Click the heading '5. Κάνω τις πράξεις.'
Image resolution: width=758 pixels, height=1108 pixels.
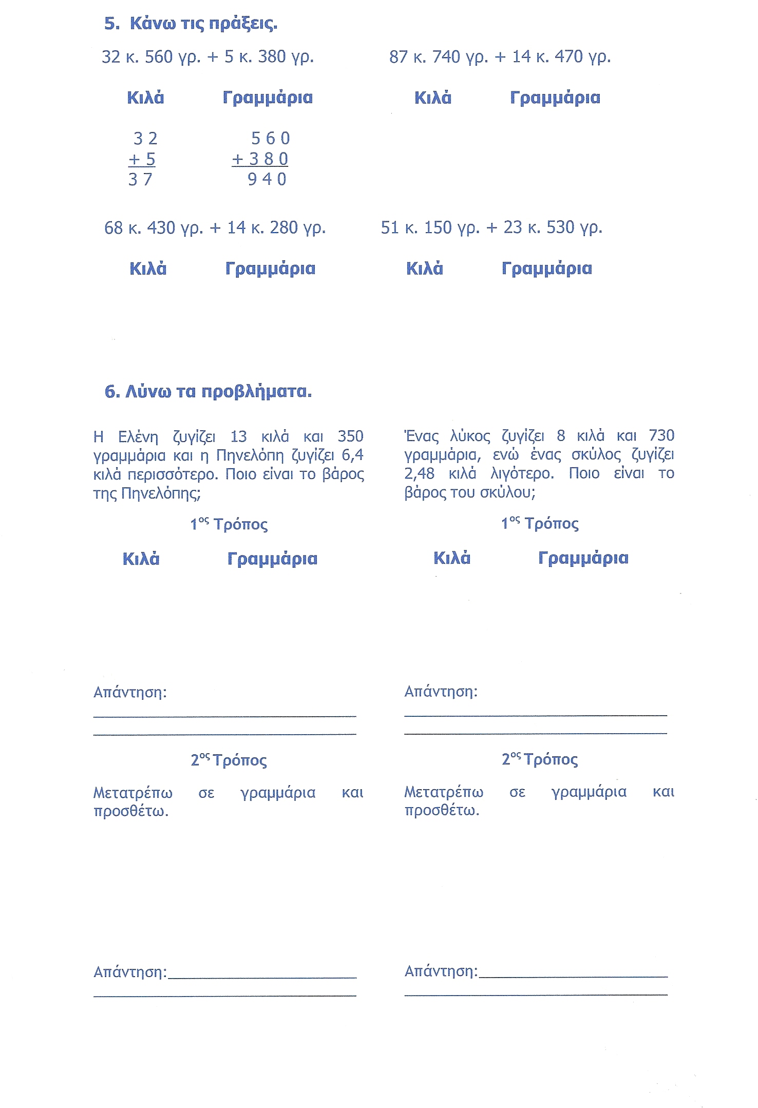[x=191, y=24]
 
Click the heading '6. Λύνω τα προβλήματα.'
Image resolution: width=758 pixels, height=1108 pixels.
[x=208, y=392]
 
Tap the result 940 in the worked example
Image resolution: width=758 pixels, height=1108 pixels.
[x=267, y=179]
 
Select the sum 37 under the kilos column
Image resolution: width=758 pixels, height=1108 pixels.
[x=140, y=179]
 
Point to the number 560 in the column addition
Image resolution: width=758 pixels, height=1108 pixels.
[x=270, y=138]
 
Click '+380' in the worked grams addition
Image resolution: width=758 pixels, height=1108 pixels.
[x=260, y=159]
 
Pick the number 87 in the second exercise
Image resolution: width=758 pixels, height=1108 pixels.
[x=398, y=56]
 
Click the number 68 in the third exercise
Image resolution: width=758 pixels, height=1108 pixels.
[x=113, y=227]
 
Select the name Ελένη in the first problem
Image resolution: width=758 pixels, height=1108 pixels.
[x=138, y=437]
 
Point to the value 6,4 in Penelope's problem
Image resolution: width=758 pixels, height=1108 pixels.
[x=352, y=455]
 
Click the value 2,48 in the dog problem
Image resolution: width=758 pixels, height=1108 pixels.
[x=419, y=473]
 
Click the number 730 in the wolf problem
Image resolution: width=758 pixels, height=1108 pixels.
[x=661, y=435]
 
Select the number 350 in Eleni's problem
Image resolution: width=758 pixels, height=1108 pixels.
[x=350, y=436]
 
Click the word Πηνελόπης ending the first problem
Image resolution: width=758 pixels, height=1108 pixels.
[x=160, y=493]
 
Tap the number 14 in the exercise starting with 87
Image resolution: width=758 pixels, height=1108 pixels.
[x=521, y=56]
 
